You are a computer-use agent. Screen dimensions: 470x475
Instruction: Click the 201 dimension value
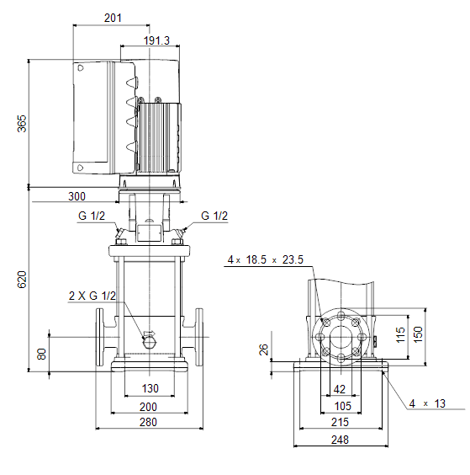pyautogui.click(x=113, y=18)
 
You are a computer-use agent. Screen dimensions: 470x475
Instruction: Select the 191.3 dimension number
pyautogui.click(x=156, y=40)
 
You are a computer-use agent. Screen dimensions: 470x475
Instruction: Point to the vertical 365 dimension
pyautogui.click(x=22, y=124)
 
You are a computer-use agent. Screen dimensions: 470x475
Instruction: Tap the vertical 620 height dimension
pyautogui.click(x=22, y=280)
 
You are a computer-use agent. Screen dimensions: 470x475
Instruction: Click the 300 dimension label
pyautogui.click(x=77, y=196)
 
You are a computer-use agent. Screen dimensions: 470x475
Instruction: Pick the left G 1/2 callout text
pyautogui.click(x=92, y=216)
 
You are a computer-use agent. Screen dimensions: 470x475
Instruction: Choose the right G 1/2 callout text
pyautogui.click(x=214, y=216)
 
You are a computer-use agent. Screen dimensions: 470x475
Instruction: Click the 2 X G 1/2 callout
pyautogui.click(x=92, y=296)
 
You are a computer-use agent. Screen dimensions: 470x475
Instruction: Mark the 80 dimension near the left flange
pyautogui.click(x=41, y=354)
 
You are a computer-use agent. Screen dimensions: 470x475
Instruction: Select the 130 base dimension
pyautogui.click(x=150, y=388)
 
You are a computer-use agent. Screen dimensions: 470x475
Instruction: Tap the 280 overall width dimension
pyautogui.click(x=148, y=422)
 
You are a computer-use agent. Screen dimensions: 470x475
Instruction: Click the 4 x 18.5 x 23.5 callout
pyautogui.click(x=265, y=259)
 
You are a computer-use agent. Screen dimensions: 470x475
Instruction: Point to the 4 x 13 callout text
pyautogui.click(x=427, y=403)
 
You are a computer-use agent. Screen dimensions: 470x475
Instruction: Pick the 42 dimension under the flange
pyautogui.click(x=340, y=389)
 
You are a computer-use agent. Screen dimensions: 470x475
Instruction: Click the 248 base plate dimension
pyautogui.click(x=340, y=440)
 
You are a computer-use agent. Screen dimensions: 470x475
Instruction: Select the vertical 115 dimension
pyautogui.click(x=400, y=334)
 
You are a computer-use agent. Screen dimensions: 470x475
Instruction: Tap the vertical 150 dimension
pyautogui.click(x=418, y=334)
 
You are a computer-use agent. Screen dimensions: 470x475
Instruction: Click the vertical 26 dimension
pyautogui.click(x=264, y=350)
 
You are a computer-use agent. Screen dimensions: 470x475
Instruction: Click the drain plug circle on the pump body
pyautogui.click(x=149, y=343)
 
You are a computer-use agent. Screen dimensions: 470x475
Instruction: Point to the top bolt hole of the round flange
pyautogui.click(x=341, y=315)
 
